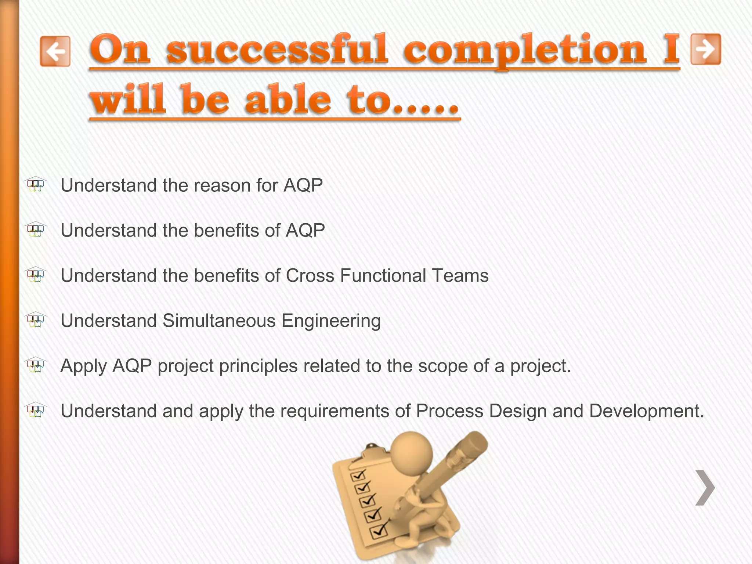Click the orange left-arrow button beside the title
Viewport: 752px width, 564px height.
click(x=55, y=51)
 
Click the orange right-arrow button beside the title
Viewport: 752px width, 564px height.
click(x=706, y=49)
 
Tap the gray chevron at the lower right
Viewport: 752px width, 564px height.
click(x=705, y=488)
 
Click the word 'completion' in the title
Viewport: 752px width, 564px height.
click(x=525, y=50)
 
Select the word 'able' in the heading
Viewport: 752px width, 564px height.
click(x=288, y=99)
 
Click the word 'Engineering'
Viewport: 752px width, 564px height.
click(x=331, y=321)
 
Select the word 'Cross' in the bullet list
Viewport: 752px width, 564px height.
click(x=310, y=275)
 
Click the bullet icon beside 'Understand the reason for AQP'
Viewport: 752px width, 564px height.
click(x=36, y=185)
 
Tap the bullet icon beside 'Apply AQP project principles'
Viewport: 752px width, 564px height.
click(x=36, y=365)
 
